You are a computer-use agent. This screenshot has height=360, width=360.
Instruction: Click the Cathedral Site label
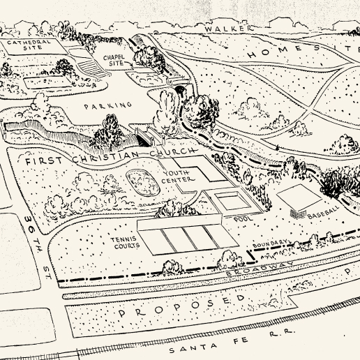coord(29,45)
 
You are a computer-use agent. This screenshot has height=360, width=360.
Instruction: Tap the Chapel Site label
coord(114,60)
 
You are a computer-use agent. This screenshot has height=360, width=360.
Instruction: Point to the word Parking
coord(107,106)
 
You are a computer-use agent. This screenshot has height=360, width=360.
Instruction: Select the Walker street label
coord(229,29)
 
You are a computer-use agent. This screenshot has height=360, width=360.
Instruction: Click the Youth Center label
coord(178,177)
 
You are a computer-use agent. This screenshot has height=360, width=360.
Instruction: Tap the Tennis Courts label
coord(125,243)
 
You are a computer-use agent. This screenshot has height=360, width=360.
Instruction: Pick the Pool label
coord(243,218)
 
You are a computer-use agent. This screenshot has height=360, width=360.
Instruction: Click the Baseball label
coord(324,212)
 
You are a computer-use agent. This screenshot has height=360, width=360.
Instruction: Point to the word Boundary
coord(270,243)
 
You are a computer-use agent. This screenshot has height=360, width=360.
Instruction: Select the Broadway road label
coord(260,268)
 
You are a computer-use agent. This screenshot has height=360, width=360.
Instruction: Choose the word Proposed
coord(182,305)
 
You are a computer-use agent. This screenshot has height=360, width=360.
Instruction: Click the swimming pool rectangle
coord(232,200)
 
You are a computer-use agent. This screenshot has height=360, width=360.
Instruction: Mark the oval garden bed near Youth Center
coord(143,183)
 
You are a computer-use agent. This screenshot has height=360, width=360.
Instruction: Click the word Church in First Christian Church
coord(172,153)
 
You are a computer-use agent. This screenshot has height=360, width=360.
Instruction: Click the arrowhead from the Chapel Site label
coord(131,65)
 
